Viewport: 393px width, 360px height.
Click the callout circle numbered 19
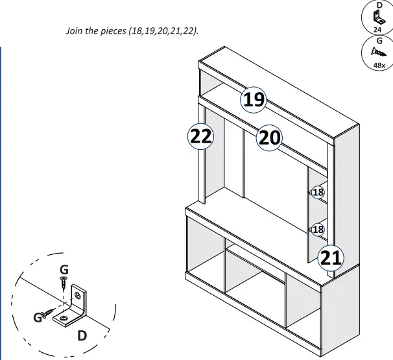[x=253, y=100]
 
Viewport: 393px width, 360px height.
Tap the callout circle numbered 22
[x=198, y=137]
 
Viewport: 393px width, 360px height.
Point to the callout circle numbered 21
[x=330, y=258]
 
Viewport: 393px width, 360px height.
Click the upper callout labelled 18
[x=318, y=192]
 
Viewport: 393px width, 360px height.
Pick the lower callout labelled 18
[x=318, y=229]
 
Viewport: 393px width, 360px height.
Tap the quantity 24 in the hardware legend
[x=378, y=29]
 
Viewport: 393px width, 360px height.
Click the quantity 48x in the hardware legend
[x=378, y=65]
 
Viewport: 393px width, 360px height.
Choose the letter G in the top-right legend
[x=378, y=40]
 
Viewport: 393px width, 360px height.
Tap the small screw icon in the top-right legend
[x=378, y=52]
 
